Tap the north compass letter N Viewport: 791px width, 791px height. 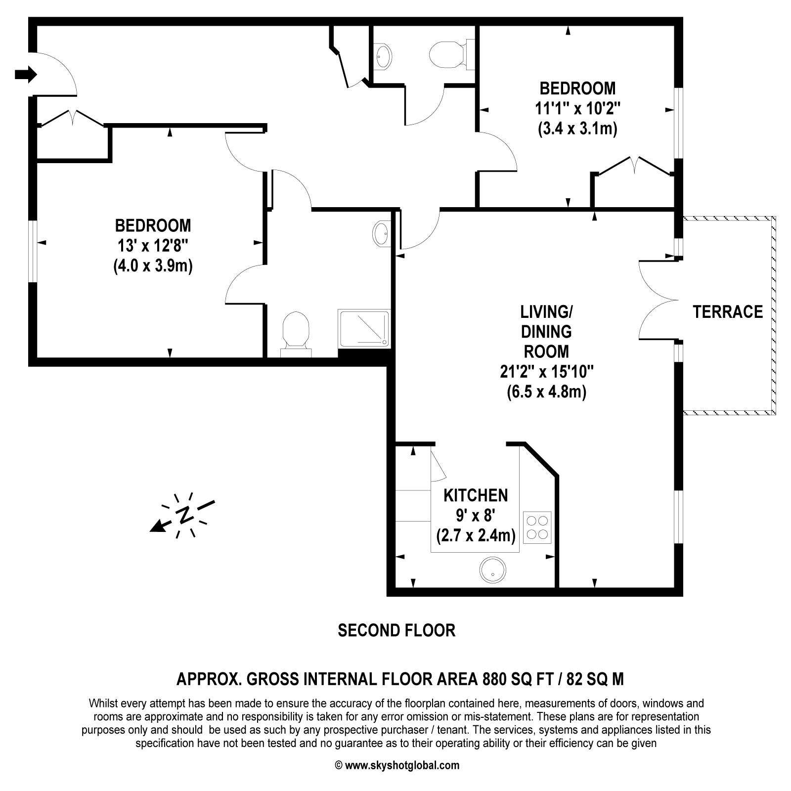pos(185,515)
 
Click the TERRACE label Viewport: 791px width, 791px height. pos(727,312)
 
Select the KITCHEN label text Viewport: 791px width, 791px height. pos(475,495)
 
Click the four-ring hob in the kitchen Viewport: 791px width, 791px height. pos(537,527)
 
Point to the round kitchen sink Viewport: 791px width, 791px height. pos(492,569)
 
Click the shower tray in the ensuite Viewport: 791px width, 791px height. pos(364,328)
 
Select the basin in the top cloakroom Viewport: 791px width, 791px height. pos(383,56)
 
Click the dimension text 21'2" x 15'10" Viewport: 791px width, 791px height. pos(546,372)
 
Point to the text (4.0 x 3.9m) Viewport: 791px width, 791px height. pos(153,266)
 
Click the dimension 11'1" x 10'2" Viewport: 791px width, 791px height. pos(577,108)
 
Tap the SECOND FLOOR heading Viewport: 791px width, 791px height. pos(396,630)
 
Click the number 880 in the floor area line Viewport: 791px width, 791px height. pos(496,679)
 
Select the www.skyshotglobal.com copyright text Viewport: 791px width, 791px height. pos(401,766)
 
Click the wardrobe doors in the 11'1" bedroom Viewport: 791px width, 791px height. pos(635,166)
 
